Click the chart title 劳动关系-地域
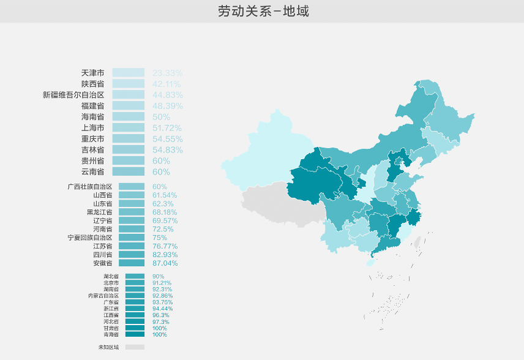(263, 11)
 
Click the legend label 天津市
(92, 73)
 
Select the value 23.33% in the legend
(168, 73)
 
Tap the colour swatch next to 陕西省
(128, 84)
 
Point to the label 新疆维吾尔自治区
(73, 95)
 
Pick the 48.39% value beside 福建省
(168, 106)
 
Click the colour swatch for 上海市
(128, 128)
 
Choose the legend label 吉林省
(92, 150)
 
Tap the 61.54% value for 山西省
(165, 195)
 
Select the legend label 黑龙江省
(99, 212)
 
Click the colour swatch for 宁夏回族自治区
(132, 238)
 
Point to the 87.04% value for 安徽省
(165, 263)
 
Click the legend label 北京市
(111, 283)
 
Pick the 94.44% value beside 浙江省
(162, 309)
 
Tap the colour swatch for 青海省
(135, 334)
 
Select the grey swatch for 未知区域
(135, 347)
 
